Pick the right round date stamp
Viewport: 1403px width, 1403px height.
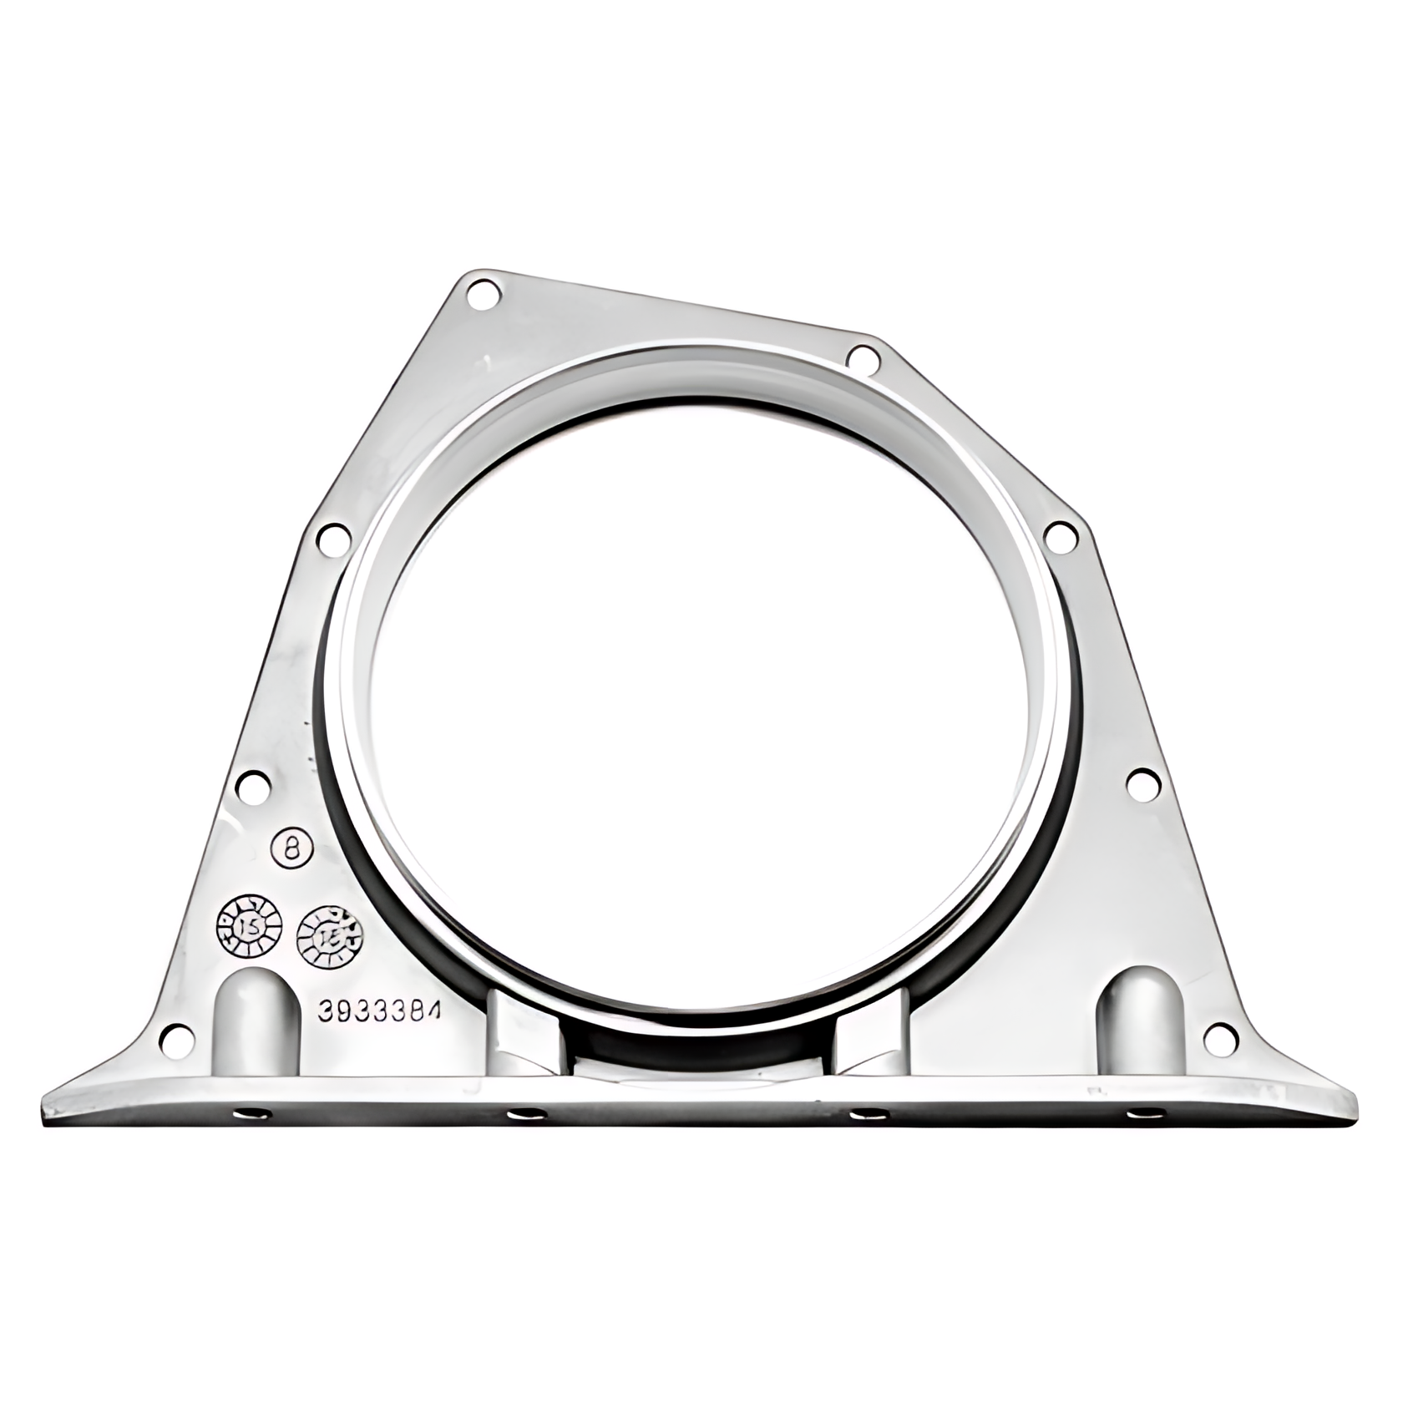pyautogui.click(x=331, y=938)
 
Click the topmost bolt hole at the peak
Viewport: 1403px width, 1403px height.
pyautogui.click(x=483, y=294)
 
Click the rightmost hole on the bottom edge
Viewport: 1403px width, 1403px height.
pyautogui.click(x=1146, y=1112)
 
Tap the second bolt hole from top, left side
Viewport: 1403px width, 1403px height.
pyautogui.click(x=332, y=536)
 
